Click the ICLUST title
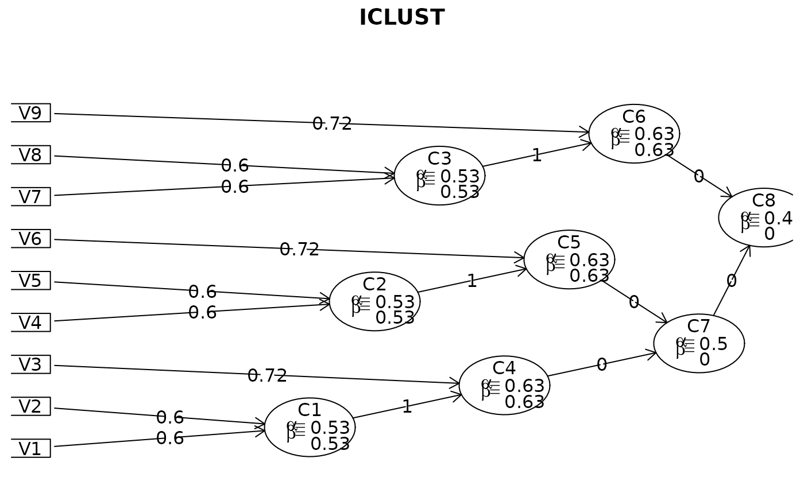click(x=401, y=18)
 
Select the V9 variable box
click(x=30, y=113)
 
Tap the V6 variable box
click(x=30, y=239)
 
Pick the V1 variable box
click(x=30, y=448)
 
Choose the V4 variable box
click(x=30, y=323)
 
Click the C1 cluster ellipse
click(x=310, y=428)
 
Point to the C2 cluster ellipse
click(x=374, y=301)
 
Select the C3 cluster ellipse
click(x=439, y=176)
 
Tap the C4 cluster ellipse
click(x=504, y=385)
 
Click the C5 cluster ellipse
click(x=569, y=259)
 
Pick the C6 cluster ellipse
click(x=634, y=134)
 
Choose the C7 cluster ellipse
click(x=699, y=343)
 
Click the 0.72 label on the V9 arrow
click(x=332, y=124)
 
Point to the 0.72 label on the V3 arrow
click(x=267, y=376)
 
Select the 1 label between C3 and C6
click(x=536, y=156)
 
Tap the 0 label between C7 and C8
click(x=731, y=281)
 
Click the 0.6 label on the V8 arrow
click(x=235, y=166)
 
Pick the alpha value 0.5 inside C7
click(x=713, y=344)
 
